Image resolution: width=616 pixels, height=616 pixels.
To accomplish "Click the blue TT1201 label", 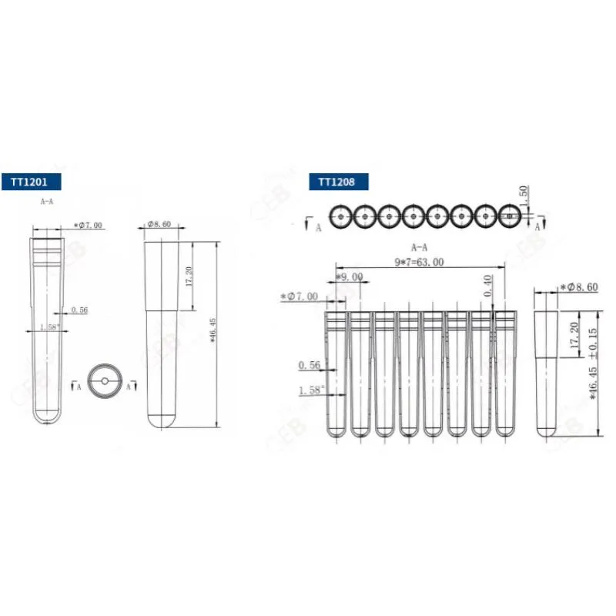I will click(x=30, y=182).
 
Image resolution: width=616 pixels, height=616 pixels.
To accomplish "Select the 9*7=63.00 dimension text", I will click(x=419, y=262).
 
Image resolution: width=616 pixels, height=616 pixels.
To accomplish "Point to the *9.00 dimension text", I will click(x=349, y=276).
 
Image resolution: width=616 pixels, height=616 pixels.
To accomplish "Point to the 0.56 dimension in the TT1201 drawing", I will click(x=79, y=310).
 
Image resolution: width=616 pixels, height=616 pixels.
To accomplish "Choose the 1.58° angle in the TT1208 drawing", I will click(x=311, y=390).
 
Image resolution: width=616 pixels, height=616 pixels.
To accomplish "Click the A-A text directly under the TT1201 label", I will click(x=47, y=200).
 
